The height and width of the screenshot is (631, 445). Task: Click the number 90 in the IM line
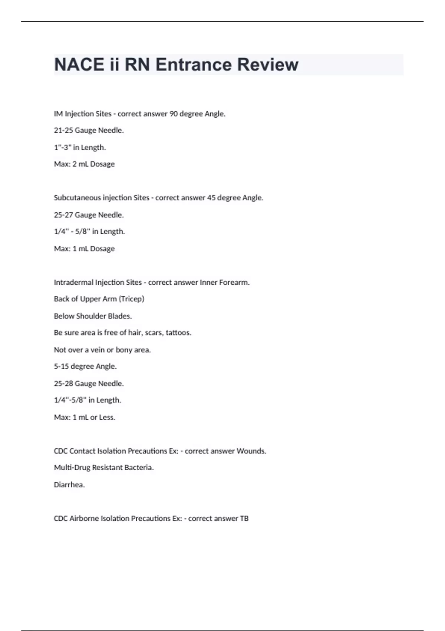[174, 114]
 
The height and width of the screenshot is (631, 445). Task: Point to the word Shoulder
[91, 316]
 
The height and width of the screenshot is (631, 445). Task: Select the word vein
[98, 350]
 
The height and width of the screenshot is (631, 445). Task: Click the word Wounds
[251, 451]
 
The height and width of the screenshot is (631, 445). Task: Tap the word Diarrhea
[69, 485]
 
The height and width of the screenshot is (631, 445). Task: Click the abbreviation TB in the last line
[244, 519]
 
